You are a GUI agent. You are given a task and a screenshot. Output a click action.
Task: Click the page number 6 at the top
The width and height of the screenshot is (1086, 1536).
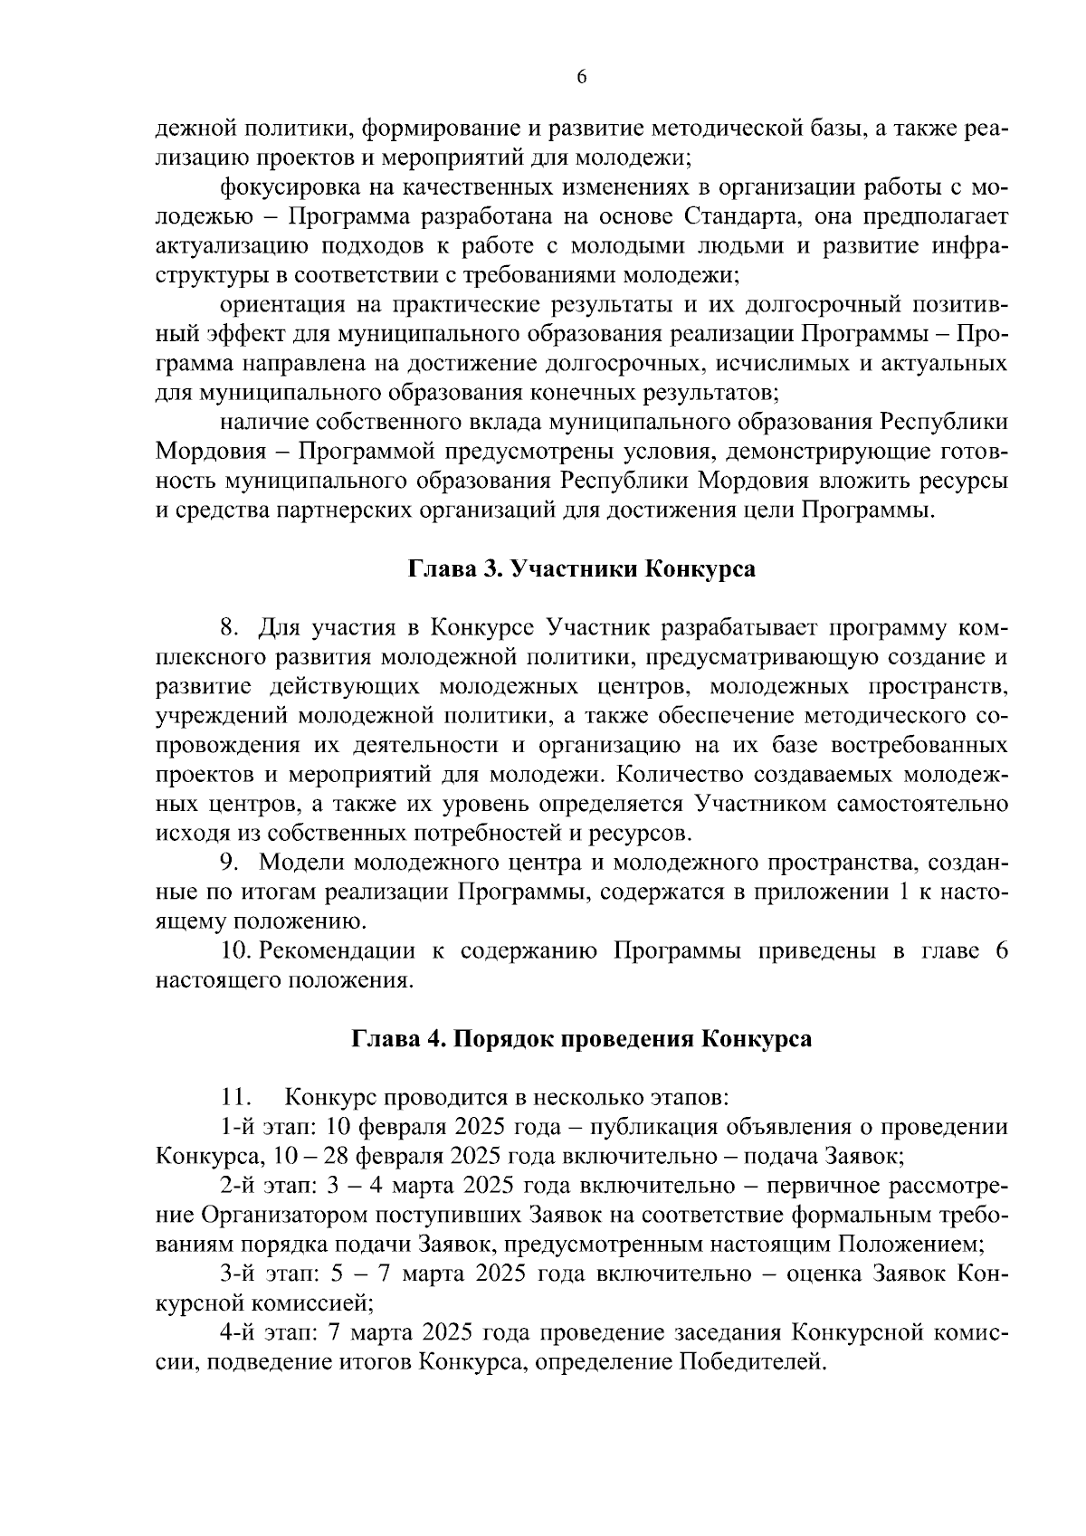[x=582, y=78]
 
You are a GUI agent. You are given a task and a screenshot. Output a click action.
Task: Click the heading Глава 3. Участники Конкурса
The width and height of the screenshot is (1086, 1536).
[x=582, y=569]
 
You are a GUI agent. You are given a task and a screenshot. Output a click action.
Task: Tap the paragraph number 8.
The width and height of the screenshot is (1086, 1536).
[x=227, y=627]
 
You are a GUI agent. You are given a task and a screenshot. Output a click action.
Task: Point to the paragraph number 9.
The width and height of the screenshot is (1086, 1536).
[x=227, y=863]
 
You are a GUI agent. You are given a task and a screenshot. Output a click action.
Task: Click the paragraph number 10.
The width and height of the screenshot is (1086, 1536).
[x=233, y=951]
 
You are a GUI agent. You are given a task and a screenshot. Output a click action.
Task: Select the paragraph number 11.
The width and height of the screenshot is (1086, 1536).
[x=234, y=1098]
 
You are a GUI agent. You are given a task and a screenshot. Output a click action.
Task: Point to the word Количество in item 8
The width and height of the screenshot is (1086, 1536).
[x=672, y=775]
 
